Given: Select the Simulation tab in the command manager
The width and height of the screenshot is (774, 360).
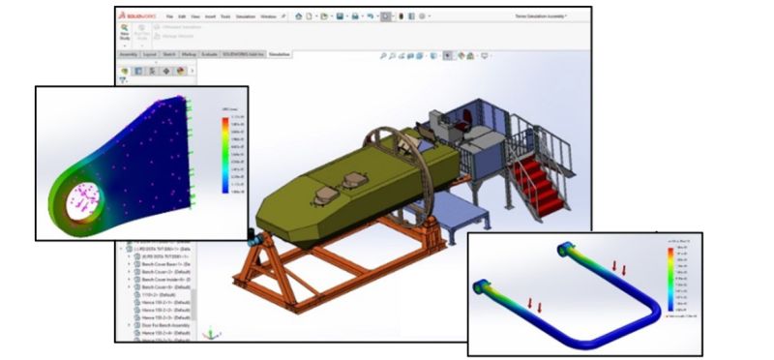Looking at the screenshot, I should (280, 55).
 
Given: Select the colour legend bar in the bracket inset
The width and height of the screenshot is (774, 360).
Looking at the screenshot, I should (224, 155).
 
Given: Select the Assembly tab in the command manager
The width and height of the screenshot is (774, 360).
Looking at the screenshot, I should (129, 55).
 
